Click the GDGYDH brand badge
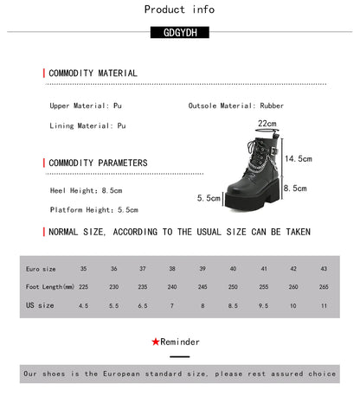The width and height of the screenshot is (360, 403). pyautogui.click(x=179, y=34)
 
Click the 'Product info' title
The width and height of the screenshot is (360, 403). pyautogui.click(x=179, y=10)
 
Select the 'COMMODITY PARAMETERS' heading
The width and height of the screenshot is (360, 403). pyautogui.click(x=98, y=163)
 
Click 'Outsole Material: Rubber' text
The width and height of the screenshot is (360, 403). pyautogui.click(x=223, y=106)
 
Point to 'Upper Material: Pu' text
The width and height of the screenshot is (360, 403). pyautogui.click(x=86, y=106)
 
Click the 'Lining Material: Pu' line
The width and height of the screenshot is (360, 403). pyautogui.click(x=87, y=125)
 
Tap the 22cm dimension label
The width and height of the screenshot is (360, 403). pyautogui.click(x=267, y=124)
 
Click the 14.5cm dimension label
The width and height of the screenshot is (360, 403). pyautogui.click(x=298, y=159)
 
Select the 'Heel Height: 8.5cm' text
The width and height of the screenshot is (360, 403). pyautogui.click(x=87, y=190)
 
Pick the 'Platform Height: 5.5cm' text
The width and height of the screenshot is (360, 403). pyautogui.click(x=93, y=210)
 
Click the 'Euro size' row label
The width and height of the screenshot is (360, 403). pyautogui.click(x=41, y=269)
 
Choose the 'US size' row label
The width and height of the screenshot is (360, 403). pyautogui.click(x=40, y=305)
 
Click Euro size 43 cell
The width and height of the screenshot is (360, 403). pyautogui.click(x=324, y=269)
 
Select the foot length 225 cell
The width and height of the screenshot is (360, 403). pyautogui.click(x=84, y=287)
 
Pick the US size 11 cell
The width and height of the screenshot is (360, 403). pyautogui.click(x=324, y=305)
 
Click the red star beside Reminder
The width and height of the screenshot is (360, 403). pyautogui.click(x=155, y=342)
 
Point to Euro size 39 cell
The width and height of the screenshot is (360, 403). pyautogui.click(x=203, y=269)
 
